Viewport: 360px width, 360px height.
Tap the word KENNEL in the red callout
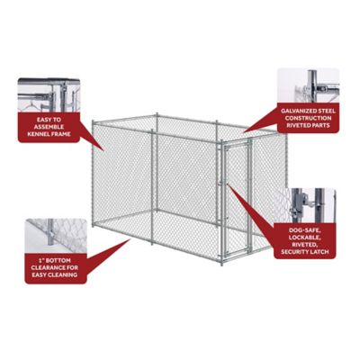point(35,136)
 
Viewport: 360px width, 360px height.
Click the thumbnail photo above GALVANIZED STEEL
point(308,85)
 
